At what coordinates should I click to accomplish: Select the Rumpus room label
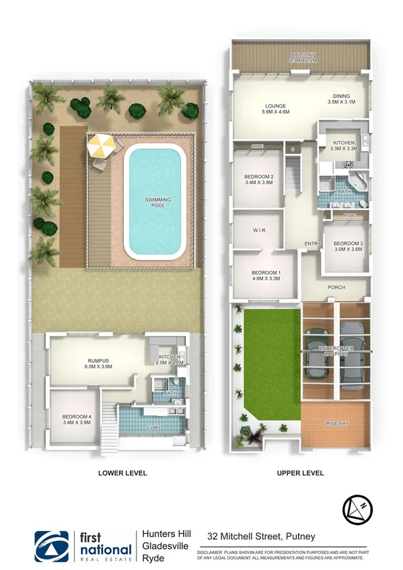click(99, 361)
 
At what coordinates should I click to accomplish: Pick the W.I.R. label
click(260, 231)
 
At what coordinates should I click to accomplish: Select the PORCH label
click(336, 287)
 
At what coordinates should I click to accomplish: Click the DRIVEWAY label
click(336, 423)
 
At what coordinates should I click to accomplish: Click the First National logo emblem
click(52, 546)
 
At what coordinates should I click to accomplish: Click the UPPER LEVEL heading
click(300, 473)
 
